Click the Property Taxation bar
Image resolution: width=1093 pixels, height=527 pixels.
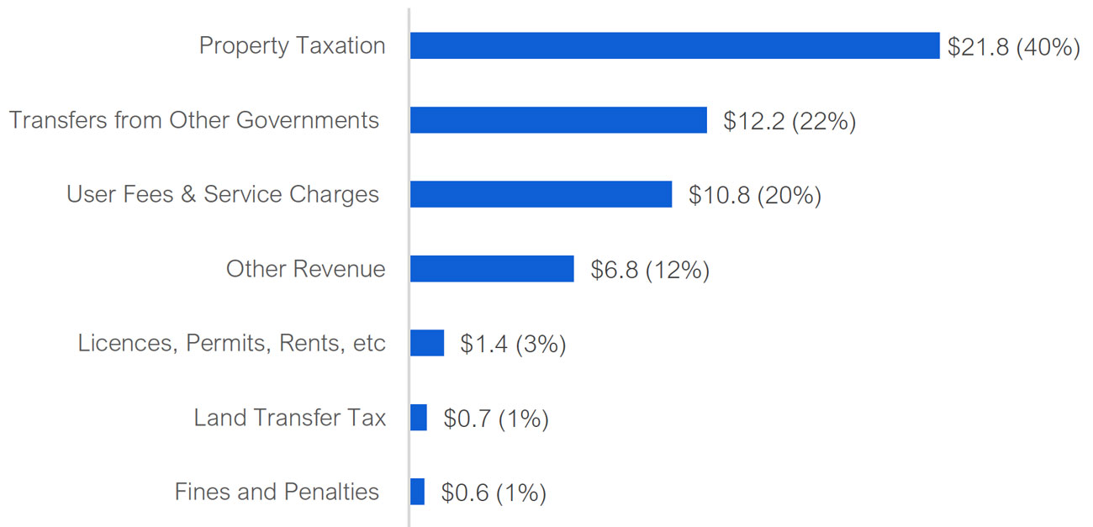click(674, 45)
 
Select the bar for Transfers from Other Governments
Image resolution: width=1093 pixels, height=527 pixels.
click(558, 120)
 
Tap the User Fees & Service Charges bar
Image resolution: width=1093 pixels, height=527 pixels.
click(541, 194)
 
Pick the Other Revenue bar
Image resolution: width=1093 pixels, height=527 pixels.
click(492, 269)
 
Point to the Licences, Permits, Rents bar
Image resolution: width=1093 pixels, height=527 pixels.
click(427, 343)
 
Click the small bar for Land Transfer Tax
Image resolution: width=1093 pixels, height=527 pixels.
click(419, 417)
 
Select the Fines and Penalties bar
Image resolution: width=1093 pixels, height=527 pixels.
click(418, 492)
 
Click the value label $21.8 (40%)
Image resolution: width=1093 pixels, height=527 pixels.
click(1013, 47)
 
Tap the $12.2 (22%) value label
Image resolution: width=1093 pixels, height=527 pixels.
click(789, 122)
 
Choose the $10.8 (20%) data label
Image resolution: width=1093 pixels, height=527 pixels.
click(754, 196)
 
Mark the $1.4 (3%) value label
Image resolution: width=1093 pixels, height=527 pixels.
click(513, 345)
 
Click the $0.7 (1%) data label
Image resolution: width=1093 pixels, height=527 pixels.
click(496, 419)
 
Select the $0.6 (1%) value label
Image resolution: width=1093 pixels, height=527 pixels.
click(494, 493)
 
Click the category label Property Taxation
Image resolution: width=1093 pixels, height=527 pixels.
click(292, 45)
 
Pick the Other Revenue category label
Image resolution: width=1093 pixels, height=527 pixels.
click(305, 269)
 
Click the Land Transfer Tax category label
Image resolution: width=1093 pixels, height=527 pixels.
click(289, 417)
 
